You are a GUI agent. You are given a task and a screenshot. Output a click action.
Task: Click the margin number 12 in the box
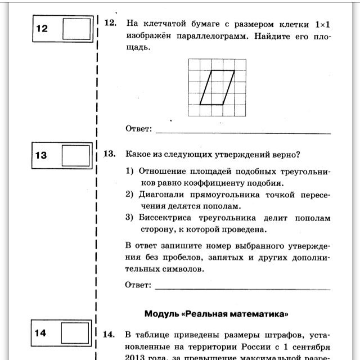[x=42, y=28]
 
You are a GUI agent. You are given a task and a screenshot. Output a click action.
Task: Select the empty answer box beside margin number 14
[x=75, y=332]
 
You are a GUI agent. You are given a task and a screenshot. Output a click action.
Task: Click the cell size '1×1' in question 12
[x=321, y=24]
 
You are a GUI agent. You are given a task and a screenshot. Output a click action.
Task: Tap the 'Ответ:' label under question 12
[x=138, y=129]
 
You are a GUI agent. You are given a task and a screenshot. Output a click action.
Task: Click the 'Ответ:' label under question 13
[x=138, y=285]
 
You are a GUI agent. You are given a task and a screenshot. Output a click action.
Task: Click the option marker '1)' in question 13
[x=129, y=172]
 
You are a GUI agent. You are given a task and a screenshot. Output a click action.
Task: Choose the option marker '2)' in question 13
[x=129, y=195]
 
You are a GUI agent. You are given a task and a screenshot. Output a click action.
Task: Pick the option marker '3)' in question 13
[x=129, y=218]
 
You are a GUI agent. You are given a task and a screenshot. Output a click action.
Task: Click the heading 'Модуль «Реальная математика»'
[x=217, y=313]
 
